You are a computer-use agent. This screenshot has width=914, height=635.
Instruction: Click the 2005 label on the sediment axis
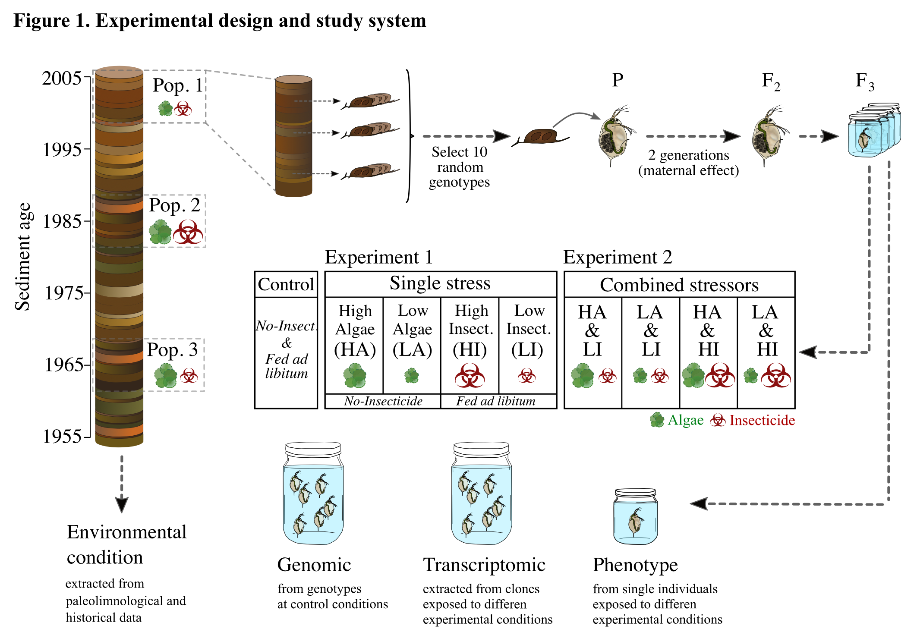click(x=61, y=78)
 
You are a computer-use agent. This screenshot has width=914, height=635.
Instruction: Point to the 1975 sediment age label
click(x=64, y=293)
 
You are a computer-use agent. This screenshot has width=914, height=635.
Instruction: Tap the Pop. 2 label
click(x=174, y=205)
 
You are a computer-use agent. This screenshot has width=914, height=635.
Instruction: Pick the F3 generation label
click(x=864, y=81)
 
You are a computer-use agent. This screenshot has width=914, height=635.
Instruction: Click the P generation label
click(x=618, y=80)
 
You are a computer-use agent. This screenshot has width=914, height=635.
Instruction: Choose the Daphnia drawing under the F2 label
click(x=768, y=136)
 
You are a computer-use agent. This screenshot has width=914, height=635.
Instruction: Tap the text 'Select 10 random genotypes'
click(x=459, y=167)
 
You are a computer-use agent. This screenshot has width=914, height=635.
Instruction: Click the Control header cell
click(x=286, y=284)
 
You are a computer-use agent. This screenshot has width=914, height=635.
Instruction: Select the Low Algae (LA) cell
click(x=412, y=345)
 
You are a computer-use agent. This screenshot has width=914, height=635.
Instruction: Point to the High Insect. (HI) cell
click(x=470, y=345)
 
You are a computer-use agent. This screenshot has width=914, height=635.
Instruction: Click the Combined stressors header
click(x=679, y=285)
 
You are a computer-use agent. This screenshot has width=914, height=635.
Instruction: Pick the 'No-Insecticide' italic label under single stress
click(x=383, y=401)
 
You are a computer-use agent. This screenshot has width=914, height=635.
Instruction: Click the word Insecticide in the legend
click(x=762, y=420)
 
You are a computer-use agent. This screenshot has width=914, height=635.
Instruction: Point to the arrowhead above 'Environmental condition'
click(x=122, y=504)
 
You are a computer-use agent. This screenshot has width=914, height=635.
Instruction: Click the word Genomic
click(x=314, y=565)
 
